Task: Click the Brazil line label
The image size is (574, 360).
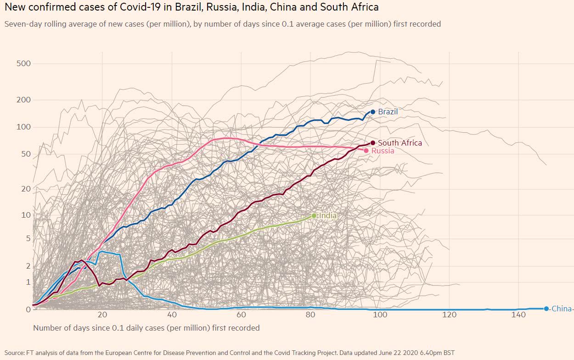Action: click(x=388, y=112)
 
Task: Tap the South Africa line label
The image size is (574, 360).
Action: click(x=400, y=143)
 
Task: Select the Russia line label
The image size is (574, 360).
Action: click(x=383, y=151)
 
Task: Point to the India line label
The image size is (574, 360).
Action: click(x=328, y=215)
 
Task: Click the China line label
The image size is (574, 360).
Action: click(x=562, y=309)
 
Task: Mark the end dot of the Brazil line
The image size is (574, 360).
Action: click(x=373, y=112)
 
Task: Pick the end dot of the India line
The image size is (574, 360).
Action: click(x=314, y=215)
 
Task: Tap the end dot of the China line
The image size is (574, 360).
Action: click(x=546, y=309)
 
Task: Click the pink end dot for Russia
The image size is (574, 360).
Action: click(x=366, y=151)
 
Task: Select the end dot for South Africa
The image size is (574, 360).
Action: click(x=373, y=143)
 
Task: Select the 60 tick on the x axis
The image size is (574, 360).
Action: click(x=242, y=315)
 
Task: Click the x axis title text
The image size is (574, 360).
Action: click(x=146, y=328)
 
